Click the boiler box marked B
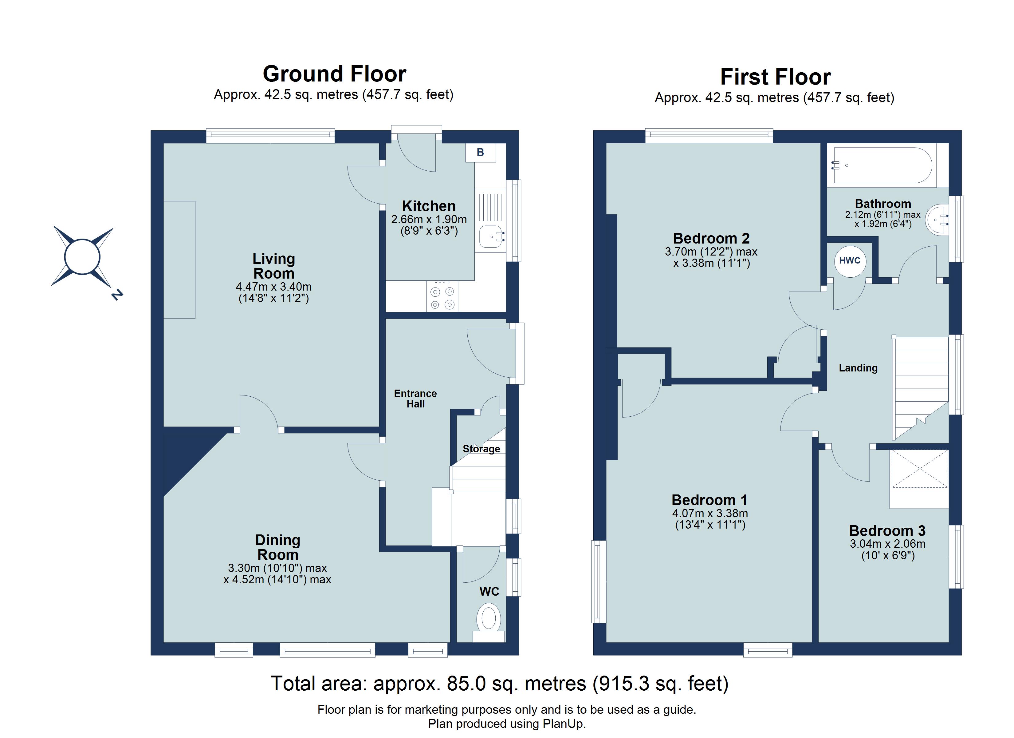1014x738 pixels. (480, 153)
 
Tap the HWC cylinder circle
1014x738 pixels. (850, 261)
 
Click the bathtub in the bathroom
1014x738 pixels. (882, 166)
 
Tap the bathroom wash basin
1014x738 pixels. (937, 219)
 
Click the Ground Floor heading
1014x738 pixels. (334, 74)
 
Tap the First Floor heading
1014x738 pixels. (775, 77)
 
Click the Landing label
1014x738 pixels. (858, 368)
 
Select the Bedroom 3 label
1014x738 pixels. (887, 531)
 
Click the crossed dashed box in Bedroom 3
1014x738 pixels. (919, 469)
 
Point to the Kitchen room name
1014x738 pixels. (429, 206)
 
